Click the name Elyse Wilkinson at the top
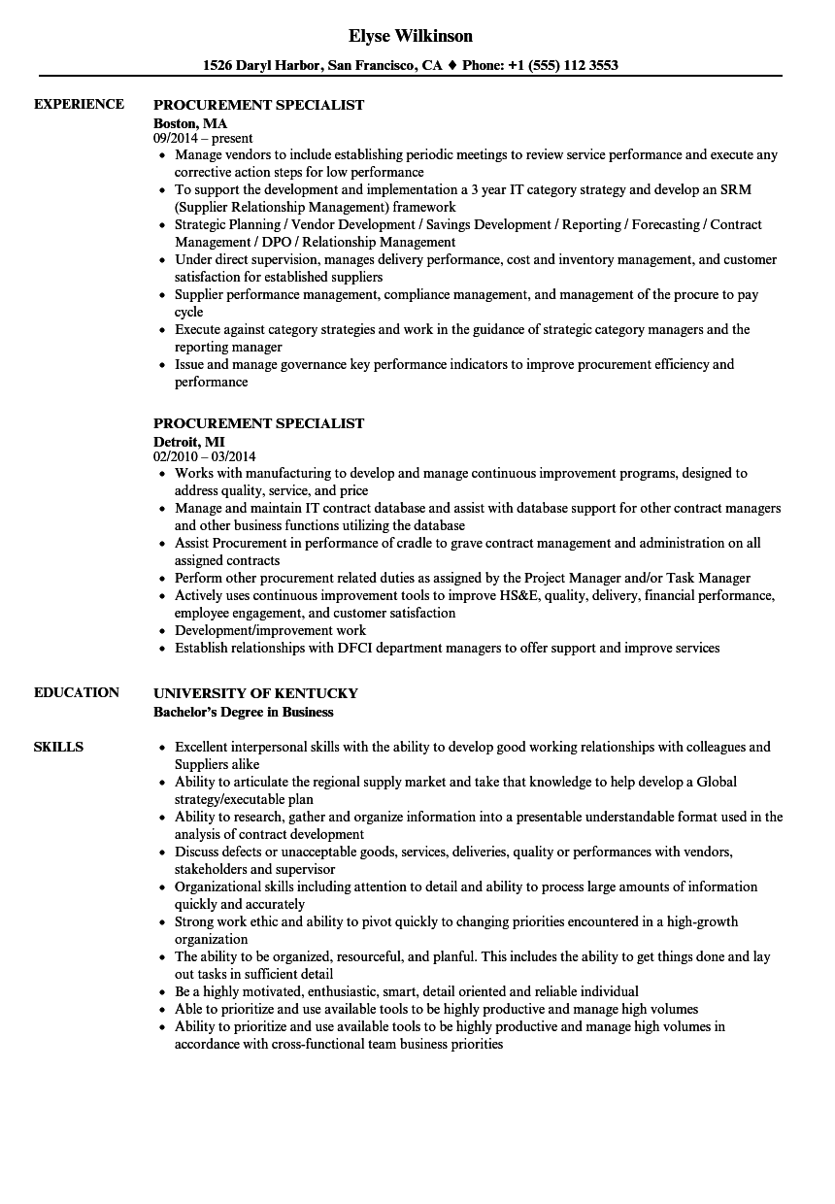click(x=410, y=36)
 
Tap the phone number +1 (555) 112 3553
click(x=568, y=66)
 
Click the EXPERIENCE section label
click(x=79, y=104)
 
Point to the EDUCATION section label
click(x=77, y=692)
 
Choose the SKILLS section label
click(x=58, y=747)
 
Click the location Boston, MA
click(x=190, y=122)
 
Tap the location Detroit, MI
click(x=189, y=441)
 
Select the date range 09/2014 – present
click(x=203, y=138)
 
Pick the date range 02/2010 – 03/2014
click(x=205, y=456)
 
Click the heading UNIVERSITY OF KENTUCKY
click(x=255, y=693)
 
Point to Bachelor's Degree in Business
click(x=243, y=712)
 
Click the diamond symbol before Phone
click(x=452, y=66)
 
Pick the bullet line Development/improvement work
click(x=270, y=630)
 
